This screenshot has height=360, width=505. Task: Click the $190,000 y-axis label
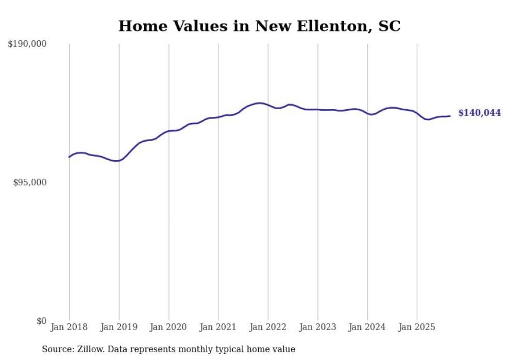(x=27, y=44)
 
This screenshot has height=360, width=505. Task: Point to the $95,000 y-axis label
(x=29, y=182)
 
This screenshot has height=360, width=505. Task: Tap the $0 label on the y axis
(x=41, y=321)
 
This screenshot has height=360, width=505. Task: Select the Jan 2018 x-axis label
(x=69, y=327)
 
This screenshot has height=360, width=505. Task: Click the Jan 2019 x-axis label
(x=119, y=327)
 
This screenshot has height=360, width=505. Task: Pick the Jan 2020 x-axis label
(x=169, y=327)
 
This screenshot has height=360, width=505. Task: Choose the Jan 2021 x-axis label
(x=218, y=327)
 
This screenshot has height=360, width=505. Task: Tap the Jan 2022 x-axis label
(x=268, y=327)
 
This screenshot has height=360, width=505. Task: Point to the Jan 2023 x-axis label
(x=317, y=327)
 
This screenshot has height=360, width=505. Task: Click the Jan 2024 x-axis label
(x=367, y=327)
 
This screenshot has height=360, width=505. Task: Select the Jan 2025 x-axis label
(x=417, y=327)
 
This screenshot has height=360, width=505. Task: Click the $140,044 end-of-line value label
(x=479, y=113)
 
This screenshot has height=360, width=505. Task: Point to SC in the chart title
(x=389, y=26)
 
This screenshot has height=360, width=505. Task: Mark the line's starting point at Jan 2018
(x=69, y=157)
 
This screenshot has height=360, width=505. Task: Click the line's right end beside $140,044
(x=450, y=116)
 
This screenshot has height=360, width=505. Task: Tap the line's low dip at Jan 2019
(x=118, y=161)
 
